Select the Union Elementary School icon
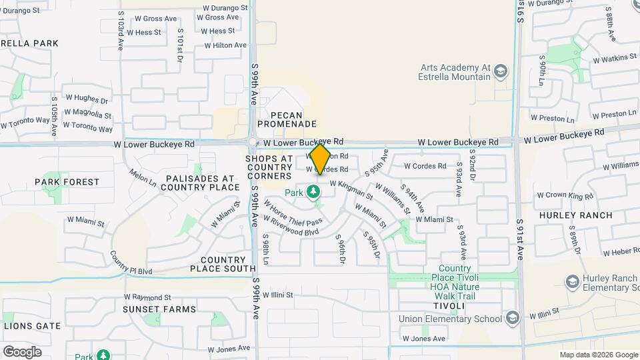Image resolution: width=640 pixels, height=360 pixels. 512,318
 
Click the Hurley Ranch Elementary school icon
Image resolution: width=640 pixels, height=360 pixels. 571,283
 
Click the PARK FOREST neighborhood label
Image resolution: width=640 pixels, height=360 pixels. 67,181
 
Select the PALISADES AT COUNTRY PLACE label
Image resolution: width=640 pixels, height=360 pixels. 200,183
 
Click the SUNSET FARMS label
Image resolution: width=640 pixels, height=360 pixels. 159,309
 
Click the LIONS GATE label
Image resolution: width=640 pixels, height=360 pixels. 33,326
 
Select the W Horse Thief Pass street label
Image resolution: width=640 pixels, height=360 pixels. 293,211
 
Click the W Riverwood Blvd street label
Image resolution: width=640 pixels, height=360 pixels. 292,225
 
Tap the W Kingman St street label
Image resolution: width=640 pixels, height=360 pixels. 351,189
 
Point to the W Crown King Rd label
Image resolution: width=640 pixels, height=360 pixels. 563,197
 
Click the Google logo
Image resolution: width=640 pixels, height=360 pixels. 22,351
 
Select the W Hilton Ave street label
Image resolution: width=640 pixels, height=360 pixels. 225,45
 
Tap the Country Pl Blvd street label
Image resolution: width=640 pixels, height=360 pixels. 131,265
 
